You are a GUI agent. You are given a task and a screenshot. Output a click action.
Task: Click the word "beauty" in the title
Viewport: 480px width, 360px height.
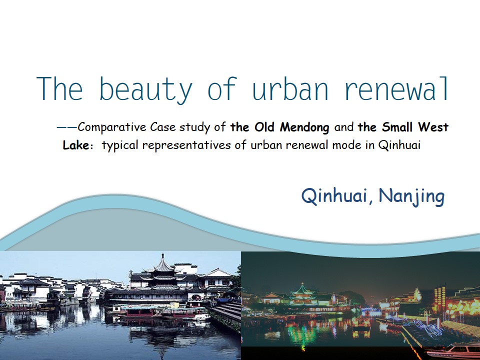click(146, 89)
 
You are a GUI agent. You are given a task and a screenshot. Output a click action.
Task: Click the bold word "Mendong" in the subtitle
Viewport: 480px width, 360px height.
click(304, 127)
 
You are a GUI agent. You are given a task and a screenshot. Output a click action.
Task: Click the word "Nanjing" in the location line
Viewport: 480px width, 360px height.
click(411, 196)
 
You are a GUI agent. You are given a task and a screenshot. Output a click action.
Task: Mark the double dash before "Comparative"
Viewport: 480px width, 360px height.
click(67, 127)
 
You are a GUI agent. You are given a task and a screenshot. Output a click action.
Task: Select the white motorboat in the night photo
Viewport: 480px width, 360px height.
click(453, 351)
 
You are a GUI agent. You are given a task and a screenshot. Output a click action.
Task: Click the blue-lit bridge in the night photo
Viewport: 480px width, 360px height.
click(371, 311)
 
